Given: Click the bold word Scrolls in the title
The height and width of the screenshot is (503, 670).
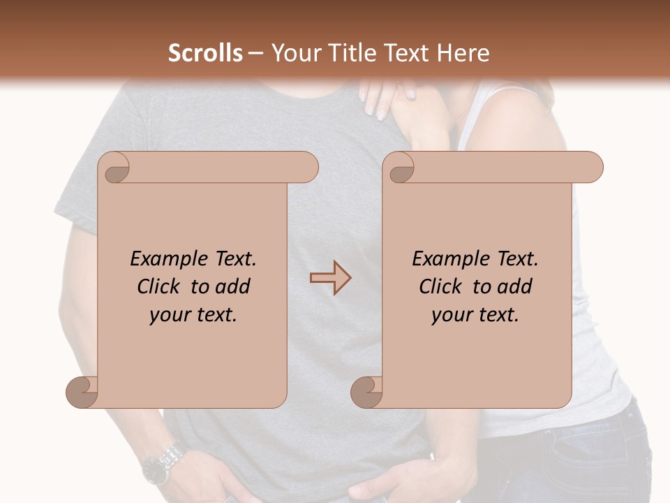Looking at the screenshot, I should tap(205, 53).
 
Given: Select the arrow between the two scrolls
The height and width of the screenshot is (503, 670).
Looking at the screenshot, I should tap(331, 277).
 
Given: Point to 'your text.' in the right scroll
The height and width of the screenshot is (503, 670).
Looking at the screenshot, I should tap(475, 315).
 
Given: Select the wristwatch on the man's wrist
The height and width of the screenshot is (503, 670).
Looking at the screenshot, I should tap(161, 463).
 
